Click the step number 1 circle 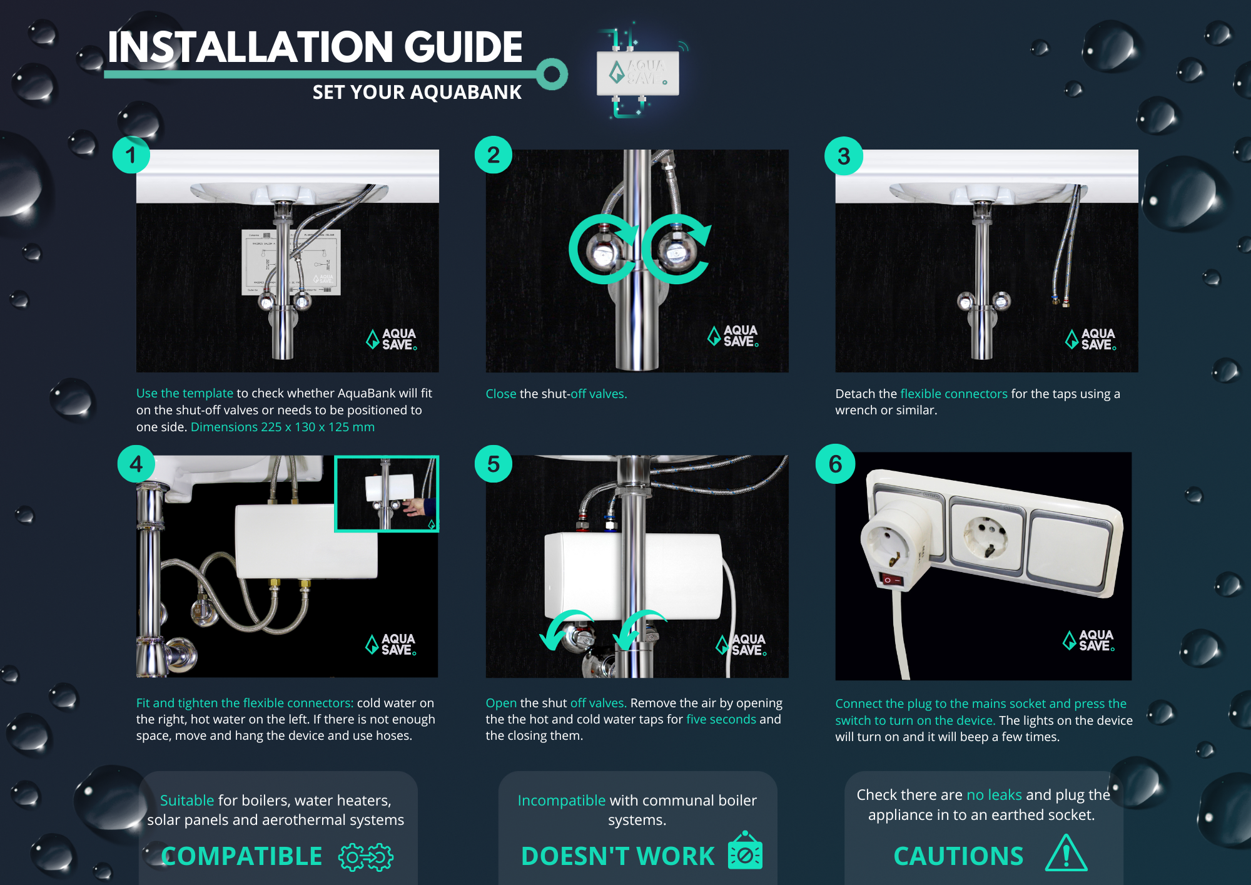click(131, 155)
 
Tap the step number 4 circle click(136, 464)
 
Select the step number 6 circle click(835, 464)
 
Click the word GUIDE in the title click(463, 48)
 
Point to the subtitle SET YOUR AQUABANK click(417, 93)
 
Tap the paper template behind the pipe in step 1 click(291, 262)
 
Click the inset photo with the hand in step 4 click(387, 494)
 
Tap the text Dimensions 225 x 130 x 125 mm click(283, 427)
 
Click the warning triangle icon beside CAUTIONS click(1066, 854)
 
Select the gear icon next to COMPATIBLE click(366, 857)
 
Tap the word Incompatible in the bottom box click(561, 801)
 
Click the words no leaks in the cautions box click(994, 795)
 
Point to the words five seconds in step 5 click(721, 719)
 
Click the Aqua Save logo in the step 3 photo click(1090, 339)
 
